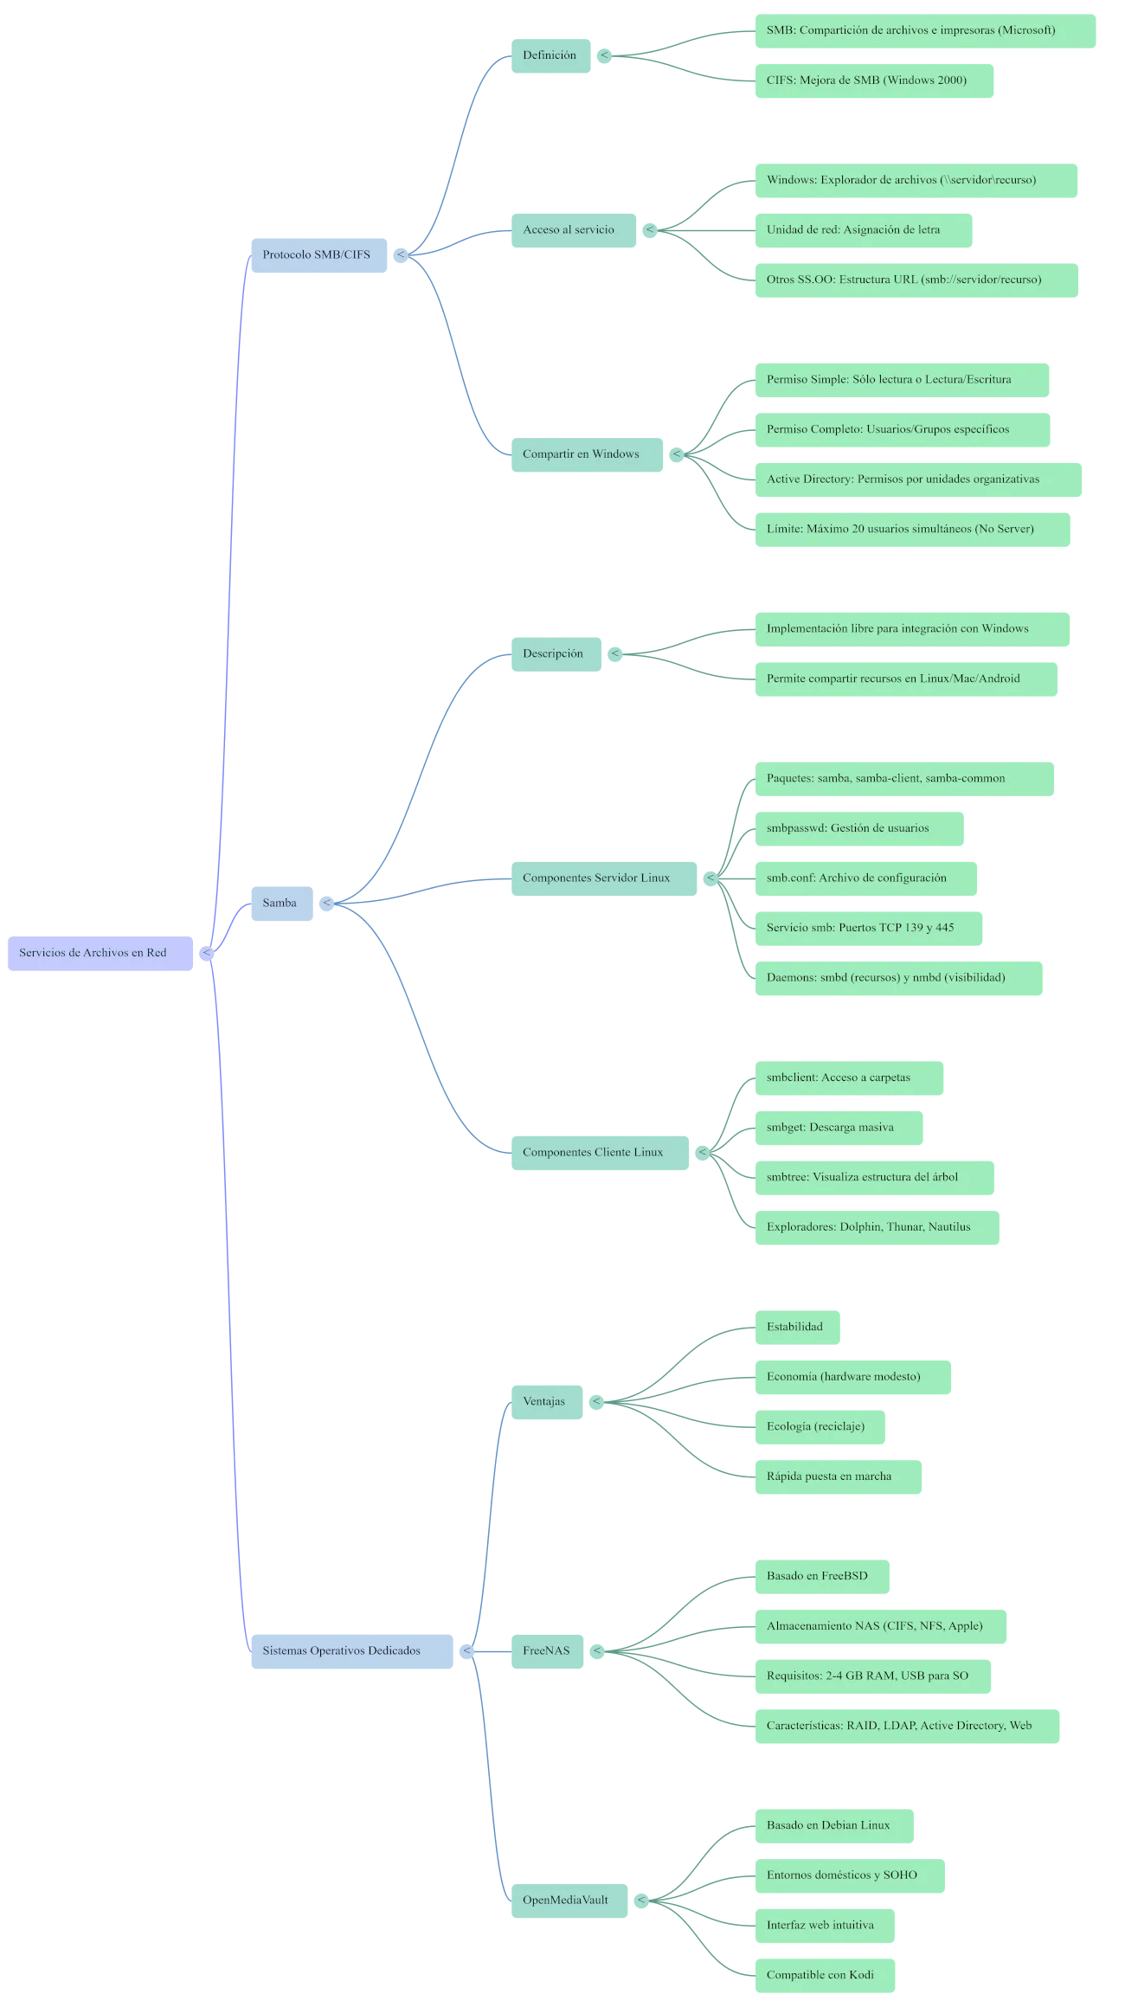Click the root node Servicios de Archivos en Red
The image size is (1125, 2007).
[x=100, y=953]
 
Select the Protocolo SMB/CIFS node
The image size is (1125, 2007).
[x=318, y=255]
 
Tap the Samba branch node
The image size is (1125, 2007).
[x=281, y=904]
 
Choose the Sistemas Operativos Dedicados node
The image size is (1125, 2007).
[x=351, y=1651]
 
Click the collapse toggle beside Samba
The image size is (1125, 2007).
[x=326, y=904]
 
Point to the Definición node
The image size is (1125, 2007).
[x=550, y=56]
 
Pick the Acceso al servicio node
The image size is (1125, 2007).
[x=573, y=230]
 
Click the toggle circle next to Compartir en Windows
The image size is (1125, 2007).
[x=677, y=454]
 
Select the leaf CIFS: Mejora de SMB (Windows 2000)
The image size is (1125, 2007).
[x=873, y=80]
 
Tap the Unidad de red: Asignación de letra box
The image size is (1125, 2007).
[x=863, y=230]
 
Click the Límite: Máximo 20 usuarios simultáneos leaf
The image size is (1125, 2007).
[x=911, y=530]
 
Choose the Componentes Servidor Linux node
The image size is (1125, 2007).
[x=603, y=878]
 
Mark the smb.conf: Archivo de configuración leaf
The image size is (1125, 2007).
[x=865, y=878]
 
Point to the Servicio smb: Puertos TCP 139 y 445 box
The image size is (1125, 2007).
[x=868, y=929]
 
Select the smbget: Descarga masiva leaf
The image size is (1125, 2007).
[x=838, y=1128]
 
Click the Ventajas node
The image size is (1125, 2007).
[x=546, y=1402]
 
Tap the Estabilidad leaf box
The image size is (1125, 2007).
[x=796, y=1327]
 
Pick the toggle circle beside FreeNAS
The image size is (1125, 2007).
[x=597, y=1651]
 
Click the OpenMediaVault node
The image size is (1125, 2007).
[x=569, y=1901]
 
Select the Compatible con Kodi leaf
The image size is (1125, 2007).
[x=824, y=1975]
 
